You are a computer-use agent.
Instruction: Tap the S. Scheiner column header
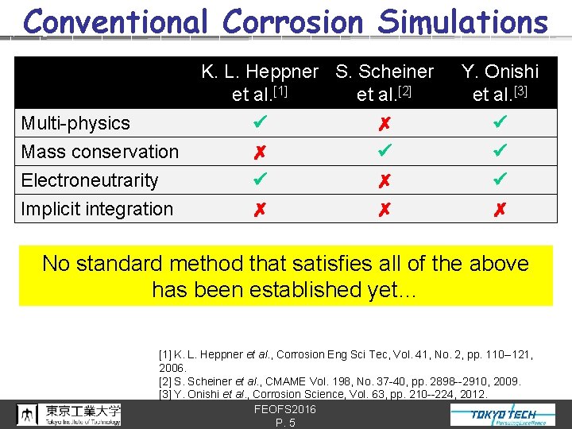(x=385, y=83)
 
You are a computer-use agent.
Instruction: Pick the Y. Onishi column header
(x=500, y=83)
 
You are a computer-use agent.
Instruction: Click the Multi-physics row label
(x=75, y=123)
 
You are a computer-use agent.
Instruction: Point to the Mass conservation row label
(x=100, y=152)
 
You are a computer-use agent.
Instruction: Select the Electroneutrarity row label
(x=90, y=180)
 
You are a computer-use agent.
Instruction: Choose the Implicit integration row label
(x=97, y=209)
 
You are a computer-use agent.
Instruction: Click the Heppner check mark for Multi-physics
(x=260, y=123)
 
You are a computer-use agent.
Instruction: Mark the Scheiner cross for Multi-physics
(x=385, y=124)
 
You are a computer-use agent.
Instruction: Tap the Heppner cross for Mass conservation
(x=260, y=153)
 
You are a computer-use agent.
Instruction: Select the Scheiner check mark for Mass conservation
(x=385, y=151)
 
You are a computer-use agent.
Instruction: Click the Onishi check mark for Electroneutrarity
(x=500, y=180)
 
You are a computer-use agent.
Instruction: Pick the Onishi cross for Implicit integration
(x=500, y=210)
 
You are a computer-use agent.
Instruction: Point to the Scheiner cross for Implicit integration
(x=385, y=210)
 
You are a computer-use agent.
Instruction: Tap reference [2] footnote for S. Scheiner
(x=340, y=381)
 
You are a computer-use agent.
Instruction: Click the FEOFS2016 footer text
(x=285, y=409)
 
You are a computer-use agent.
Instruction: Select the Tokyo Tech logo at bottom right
(x=503, y=415)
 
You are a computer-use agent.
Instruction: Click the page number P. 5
(x=285, y=423)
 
